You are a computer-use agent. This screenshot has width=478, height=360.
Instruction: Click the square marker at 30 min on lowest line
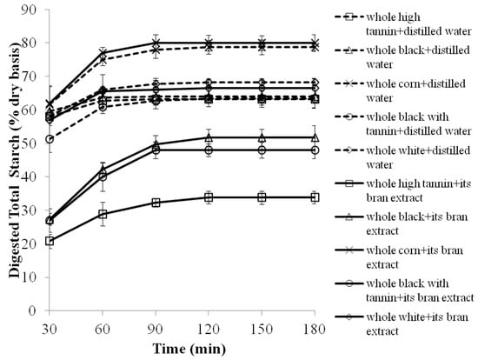point(50,241)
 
